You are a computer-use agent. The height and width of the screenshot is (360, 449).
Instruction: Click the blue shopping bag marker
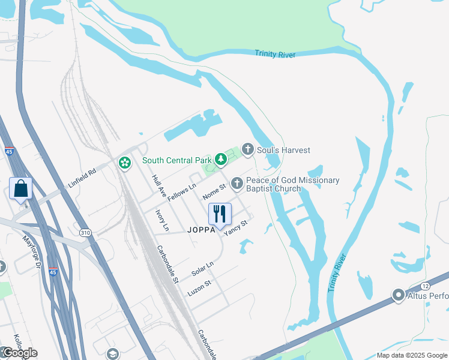(21, 188)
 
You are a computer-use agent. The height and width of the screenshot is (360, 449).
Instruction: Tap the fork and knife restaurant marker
(220, 214)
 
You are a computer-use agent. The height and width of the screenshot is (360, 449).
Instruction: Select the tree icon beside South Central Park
(221, 160)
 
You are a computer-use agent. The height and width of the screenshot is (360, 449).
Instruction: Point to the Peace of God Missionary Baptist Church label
(292, 184)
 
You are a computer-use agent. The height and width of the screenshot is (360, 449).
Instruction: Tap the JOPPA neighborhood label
(200, 230)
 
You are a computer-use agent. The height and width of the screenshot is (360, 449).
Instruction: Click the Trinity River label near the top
(275, 55)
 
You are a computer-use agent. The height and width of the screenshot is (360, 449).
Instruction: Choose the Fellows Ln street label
(182, 193)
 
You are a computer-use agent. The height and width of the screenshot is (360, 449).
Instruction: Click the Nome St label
(214, 192)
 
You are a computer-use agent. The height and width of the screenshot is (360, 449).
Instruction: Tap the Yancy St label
(236, 228)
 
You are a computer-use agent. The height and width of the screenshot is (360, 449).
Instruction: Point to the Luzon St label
(199, 288)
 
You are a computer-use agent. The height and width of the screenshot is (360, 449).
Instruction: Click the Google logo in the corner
(19, 353)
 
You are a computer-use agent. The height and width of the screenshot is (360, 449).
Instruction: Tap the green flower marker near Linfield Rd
(125, 163)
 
